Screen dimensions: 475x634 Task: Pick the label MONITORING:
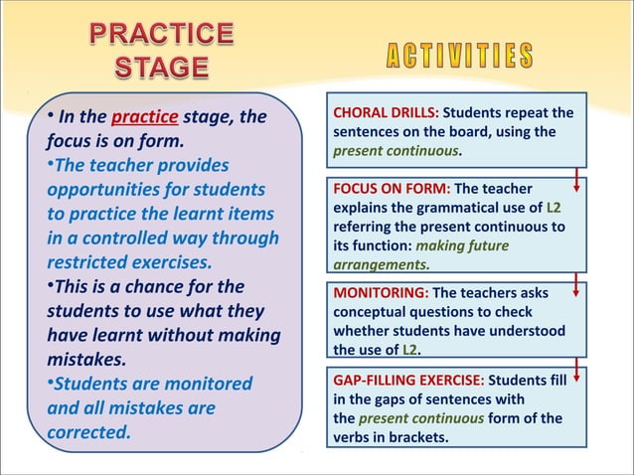click(381, 293)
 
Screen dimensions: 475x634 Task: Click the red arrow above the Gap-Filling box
click(577, 374)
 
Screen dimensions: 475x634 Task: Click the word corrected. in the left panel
click(88, 432)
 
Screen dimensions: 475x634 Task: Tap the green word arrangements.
click(381, 265)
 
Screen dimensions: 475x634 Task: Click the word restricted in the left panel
click(92, 263)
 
